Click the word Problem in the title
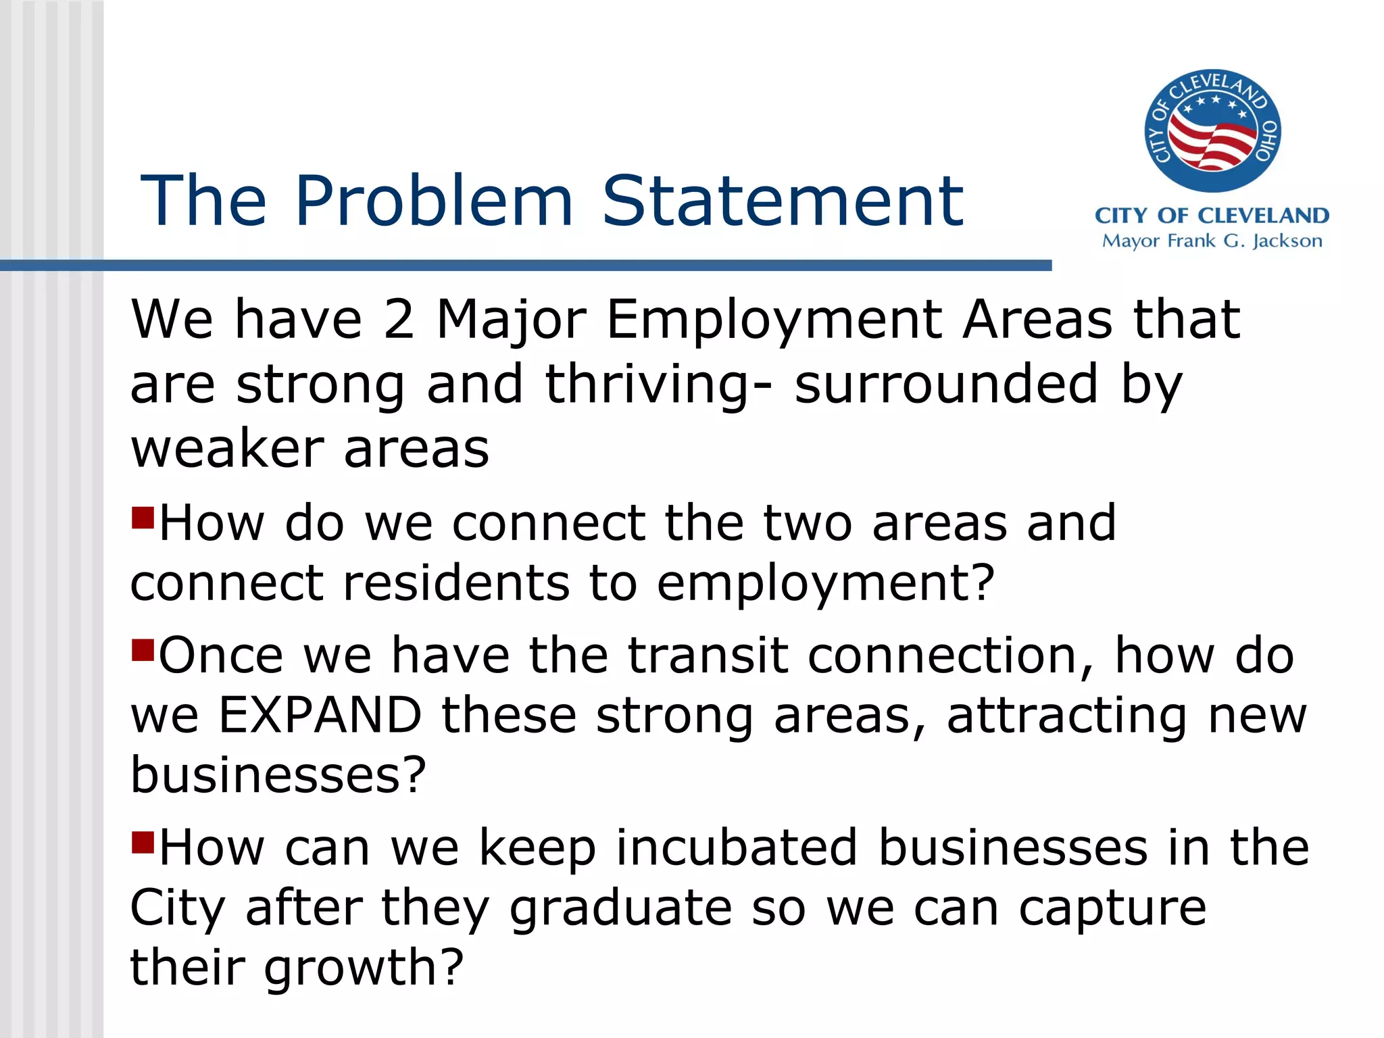pyautogui.click(x=434, y=201)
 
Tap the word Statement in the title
pyautogui.click(x=783, y=201)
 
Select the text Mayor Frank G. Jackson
pyautogui.click(x=1212, y=241)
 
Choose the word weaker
pyautogui.click(x=227, y=449)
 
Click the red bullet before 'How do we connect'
pyautogui.click(x=143, y=518)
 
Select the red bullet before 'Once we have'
pyautogui.click(x=143, y=651)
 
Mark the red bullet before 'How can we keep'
pyautogui.click(x=143, y=843)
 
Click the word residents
pyautogui.click(x=457, y=583)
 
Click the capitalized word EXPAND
pyautogui.click(x=320, y=715)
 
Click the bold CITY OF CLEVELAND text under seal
pyautogui.click(x=1212, y=216)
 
